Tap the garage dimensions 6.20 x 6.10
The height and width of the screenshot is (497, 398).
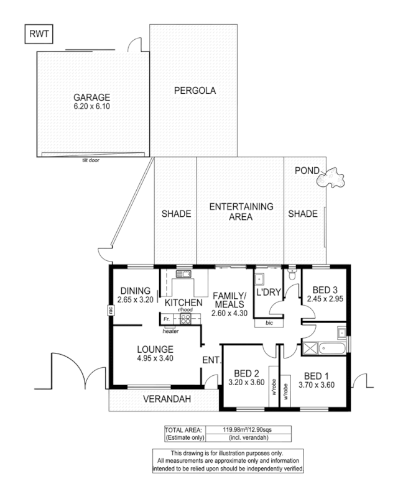[x=92, y=106]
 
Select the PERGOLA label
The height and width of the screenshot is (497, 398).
[x=195, y=90]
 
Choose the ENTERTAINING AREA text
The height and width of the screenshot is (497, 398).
[x=240, y=212]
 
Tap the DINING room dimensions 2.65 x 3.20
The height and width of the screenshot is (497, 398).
[x=136, y=299]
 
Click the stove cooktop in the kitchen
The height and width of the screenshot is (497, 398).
[x=185, y=319]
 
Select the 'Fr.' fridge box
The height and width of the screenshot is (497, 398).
[x=166, y=319]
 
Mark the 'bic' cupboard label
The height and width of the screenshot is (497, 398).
[x=268, y=323]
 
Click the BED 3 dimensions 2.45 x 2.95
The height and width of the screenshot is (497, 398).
[x=325, y=299]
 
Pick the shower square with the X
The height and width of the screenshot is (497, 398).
[x=309, y=348]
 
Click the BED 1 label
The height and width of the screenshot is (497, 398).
[x=317, y=375]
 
